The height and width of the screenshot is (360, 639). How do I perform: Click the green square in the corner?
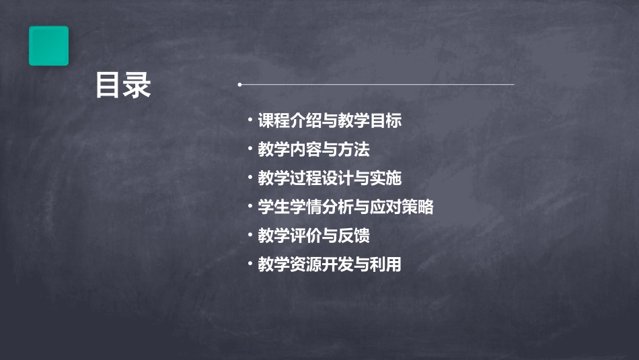coord(48,46)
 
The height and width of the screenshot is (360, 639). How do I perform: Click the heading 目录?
coord(123,85)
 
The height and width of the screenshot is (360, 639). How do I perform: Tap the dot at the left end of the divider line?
coord(240,85)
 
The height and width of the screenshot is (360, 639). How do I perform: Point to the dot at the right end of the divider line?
coord(513,85)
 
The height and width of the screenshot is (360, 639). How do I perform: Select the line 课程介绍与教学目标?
coord(330,121)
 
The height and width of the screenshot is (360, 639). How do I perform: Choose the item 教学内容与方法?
coord(313,149)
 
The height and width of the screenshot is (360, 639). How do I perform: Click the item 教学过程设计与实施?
coord(330,178)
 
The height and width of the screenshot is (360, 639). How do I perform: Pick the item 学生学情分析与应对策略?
coord(346,207)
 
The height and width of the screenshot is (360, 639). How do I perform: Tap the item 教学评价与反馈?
coord(313,236)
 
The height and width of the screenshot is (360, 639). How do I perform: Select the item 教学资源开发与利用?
coord(330,265)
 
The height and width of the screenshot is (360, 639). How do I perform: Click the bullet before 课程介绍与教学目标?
coord(250,120)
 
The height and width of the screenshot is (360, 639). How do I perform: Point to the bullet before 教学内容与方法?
coord(250,149)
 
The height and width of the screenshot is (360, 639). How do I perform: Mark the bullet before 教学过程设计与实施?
coord(250,178)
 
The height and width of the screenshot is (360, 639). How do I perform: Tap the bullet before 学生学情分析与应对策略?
coord(250,207)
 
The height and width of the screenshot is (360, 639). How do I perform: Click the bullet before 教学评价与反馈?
coord(250,236)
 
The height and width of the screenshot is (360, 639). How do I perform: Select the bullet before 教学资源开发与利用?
coord(250,264)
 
